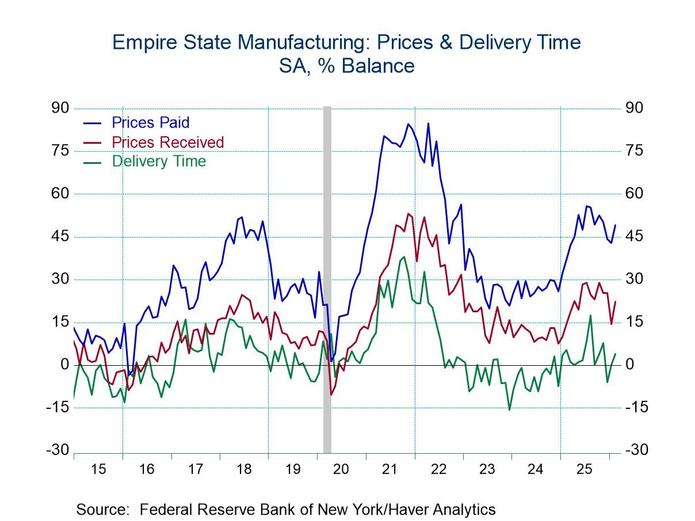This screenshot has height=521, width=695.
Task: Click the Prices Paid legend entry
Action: tap(150, 122)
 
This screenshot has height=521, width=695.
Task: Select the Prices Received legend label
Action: tap(167, 142)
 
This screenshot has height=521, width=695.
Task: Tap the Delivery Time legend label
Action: tap(159, 161)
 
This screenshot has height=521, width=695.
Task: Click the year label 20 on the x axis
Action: tap(341, 469)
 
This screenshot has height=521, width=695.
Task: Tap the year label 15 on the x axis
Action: tap(98, 469)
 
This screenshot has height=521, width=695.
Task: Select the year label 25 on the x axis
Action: tap(585, 469)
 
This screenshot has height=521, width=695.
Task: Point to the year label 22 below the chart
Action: tap(438, 469)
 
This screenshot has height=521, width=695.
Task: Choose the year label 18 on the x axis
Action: tap(244, 469)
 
